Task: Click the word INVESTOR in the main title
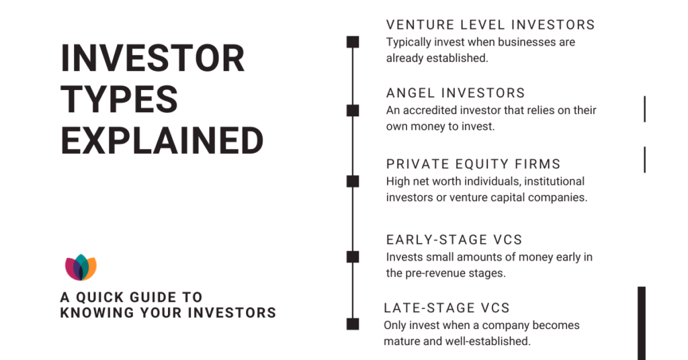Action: [153, 58]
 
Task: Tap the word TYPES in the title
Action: [120, 99]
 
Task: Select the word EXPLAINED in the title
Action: [163, 140]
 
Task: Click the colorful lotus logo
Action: [81, 267]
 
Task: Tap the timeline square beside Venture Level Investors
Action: [353, 42]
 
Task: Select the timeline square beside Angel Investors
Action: [353, 111]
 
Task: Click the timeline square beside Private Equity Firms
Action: [353, 181]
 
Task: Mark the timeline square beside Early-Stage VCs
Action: [353, 257]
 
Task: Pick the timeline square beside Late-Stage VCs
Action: [353, 324]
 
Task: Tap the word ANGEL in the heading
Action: [411, 93]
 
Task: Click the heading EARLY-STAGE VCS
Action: [454, 240]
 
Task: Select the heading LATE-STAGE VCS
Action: [447, 308]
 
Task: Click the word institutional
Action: [554, 181]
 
